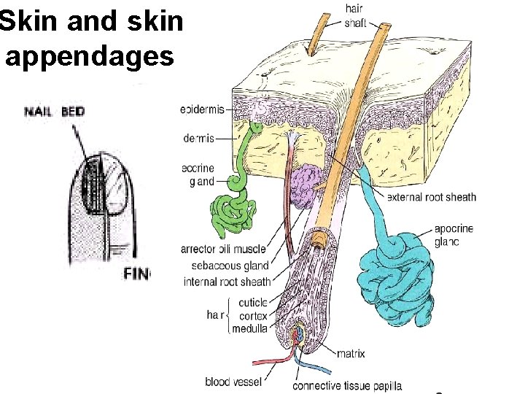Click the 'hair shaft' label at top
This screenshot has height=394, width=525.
coord(355,15)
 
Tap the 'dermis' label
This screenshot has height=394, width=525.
coord(198,138)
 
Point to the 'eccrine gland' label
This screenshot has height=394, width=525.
coord(198,174)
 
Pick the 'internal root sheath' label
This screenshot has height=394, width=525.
coord(227,282)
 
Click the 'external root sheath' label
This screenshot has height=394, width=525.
coord(431,197)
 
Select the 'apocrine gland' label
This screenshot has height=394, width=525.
coord(453,235)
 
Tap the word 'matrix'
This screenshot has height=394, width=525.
coord(351,354)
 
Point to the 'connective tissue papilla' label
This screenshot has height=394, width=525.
coord(347,385)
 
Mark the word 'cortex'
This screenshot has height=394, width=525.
coord(252,316)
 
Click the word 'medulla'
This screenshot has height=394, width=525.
coord(249,329)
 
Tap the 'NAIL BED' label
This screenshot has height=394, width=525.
coord(55,112)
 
